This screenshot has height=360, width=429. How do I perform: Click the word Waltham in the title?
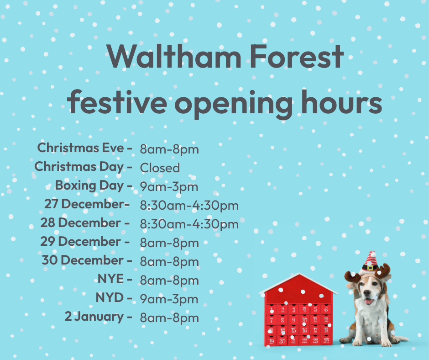tap(174, 57)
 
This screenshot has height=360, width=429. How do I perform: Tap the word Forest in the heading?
tap(297, 57)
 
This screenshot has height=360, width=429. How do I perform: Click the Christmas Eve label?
tap(81, 148)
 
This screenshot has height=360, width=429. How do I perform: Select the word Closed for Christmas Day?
tap(160, 168)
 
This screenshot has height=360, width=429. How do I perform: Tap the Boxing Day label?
tap(89, 185)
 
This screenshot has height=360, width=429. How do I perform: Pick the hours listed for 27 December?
tap(189, 205)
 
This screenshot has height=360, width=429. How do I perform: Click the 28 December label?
tap(81, 223)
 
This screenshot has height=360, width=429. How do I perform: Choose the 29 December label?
tap(81, 241)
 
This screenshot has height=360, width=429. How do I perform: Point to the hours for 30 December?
tap(169, 262)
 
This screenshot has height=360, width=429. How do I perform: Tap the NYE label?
tap(111, 279)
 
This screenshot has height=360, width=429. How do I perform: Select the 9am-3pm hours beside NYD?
tap(169, 299)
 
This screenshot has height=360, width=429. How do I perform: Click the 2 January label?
tap(94, 317)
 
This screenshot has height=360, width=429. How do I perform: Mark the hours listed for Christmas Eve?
tap(169, 149)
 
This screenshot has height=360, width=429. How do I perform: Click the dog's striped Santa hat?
tap(371, 262)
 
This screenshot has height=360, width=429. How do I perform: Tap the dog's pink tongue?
tap(369, 302)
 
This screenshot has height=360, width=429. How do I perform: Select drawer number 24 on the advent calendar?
tap(326, 340)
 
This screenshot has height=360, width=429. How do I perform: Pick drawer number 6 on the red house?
tap(326, 310)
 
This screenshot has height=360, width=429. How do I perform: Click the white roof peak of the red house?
tap(299, 275)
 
